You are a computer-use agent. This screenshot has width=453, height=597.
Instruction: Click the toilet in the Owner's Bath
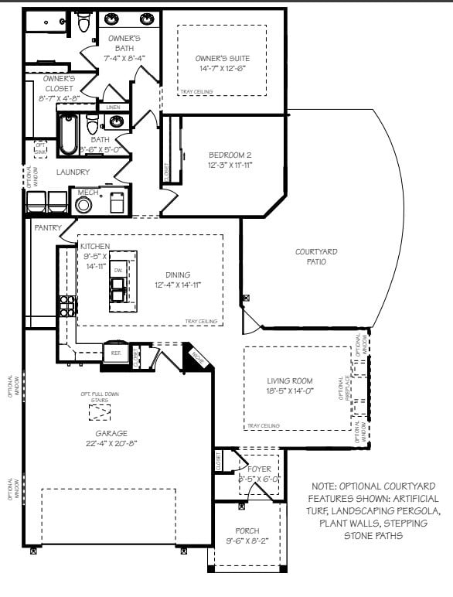point(84,22)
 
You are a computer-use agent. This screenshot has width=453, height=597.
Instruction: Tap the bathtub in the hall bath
point(68,133)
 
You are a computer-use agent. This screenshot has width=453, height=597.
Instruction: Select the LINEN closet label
point(113,107)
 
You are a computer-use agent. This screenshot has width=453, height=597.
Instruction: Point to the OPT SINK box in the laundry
point(40,147)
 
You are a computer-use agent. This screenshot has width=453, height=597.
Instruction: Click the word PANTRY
point(47,228)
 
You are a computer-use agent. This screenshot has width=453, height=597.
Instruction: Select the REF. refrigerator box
point(116,353)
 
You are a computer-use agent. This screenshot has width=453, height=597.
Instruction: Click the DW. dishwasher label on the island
point(118,269)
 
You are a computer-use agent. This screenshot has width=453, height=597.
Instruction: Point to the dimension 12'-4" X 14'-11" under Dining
point(178,285)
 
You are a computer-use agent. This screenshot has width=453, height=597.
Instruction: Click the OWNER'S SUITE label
point(222,59)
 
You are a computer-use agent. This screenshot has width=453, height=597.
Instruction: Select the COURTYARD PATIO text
point(315,257)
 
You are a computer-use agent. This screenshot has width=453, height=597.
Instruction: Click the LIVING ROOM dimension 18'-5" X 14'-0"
point(290,391)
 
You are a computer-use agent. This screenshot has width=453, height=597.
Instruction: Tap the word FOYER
point(259,468)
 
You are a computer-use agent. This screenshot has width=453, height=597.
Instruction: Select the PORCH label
point(248,531)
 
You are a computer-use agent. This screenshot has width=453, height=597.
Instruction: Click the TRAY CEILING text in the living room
point(264,425)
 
